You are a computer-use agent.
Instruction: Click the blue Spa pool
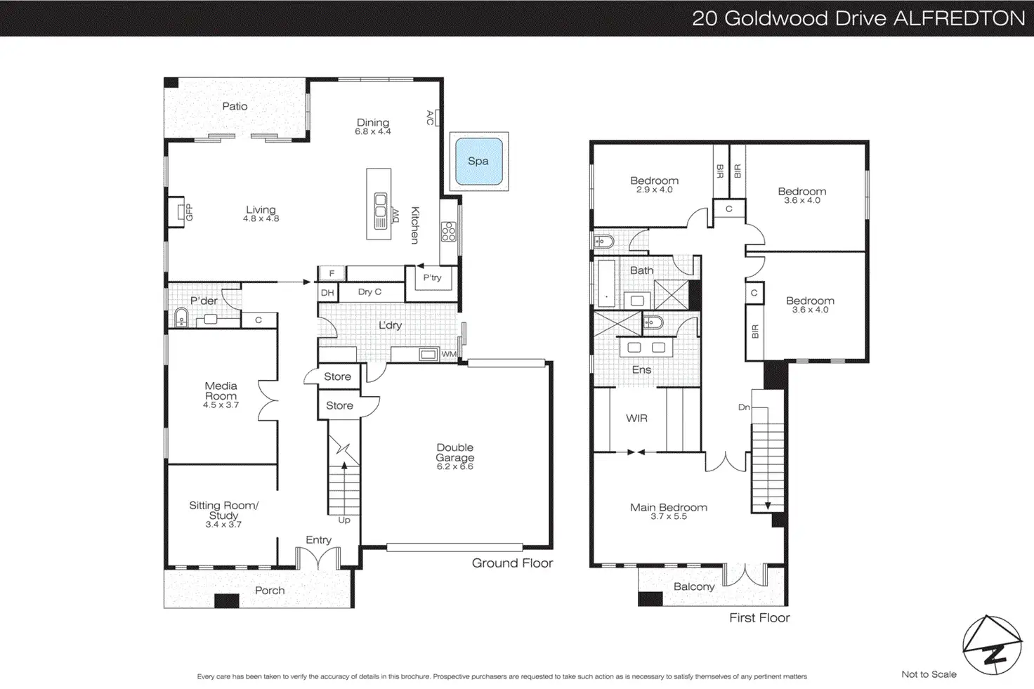tap(478, 161)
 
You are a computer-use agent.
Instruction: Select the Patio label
tap(235, 106)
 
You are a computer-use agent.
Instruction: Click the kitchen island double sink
tap(380, 205)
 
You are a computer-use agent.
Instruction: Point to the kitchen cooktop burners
tap(448, 232)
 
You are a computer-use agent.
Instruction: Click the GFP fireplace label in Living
tap(189, 212)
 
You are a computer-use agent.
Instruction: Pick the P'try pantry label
tap(432, 277)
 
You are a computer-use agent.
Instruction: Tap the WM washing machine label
tap(449, 354)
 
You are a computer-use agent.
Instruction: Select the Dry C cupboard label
tap(369, 291)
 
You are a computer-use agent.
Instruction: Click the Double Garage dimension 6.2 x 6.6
tap(454, 466)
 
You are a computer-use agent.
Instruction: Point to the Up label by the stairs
tap(344, 520)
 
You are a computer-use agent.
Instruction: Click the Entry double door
tap(318, 558)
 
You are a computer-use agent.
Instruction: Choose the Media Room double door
tap(268, 400)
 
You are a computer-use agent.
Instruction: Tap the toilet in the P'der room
tap(181, 317)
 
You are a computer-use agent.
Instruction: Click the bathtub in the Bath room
tap(606, 283)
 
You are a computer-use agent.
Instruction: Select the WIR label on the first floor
tap(636, 418)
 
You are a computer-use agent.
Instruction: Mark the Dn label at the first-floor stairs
tap(744, 407)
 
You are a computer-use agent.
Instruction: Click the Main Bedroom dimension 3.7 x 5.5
tap(669, 516)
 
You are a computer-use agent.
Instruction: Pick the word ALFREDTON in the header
tap(960, 18)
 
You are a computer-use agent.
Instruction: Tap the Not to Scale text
tap(929, 674)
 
